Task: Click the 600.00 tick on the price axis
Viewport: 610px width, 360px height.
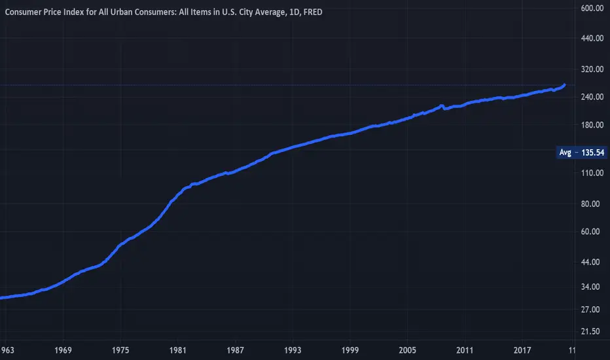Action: point(590,9)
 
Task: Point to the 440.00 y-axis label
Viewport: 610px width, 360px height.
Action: point(590,39)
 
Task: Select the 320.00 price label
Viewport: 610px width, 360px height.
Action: point(590,69)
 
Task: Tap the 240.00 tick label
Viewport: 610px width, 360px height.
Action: point(590,98)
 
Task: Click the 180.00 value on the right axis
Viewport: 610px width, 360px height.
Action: point(590,125)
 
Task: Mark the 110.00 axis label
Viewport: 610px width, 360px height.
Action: point(590,173)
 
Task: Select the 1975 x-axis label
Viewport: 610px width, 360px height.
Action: point(120,351)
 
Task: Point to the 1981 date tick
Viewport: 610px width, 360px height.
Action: point(177,351)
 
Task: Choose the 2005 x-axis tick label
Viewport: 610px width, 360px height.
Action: point(408,351)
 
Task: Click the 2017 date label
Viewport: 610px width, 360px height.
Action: point(522,351)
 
